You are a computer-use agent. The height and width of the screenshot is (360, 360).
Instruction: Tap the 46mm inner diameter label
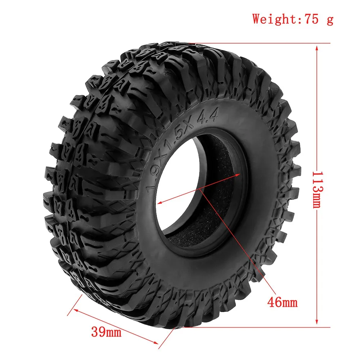(282, 302)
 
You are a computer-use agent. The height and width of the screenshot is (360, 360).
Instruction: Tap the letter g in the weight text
(329, 19)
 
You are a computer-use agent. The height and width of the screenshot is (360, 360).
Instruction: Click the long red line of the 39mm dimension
(115, 325)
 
